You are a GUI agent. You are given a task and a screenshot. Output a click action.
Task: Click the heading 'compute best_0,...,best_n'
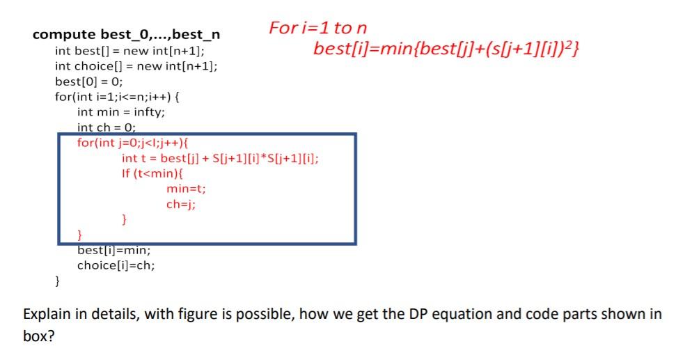point(127,35)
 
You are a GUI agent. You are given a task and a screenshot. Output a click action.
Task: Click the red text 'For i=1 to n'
point(317,28)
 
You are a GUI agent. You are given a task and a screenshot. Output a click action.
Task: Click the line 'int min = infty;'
point(121,111)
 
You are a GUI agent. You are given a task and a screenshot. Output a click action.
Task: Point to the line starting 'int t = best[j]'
point(220,158)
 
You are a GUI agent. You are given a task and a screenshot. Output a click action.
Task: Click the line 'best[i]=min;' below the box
point(113,250)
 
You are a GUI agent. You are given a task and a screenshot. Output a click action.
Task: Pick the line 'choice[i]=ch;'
point(116,265)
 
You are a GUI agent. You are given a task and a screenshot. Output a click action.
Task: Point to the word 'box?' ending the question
point(39,335)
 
